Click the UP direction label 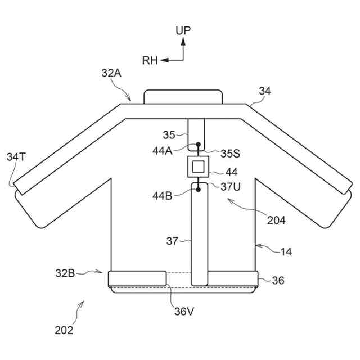tap(183, 30)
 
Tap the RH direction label tap(150, 60)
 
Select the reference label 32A tap(111, 73)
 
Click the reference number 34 tap(265, 91)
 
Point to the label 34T tap(16, 157)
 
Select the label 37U tap(230, 186)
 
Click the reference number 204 tap(276, 220)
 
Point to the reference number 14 tap(286, 251)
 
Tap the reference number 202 tap(64, 330)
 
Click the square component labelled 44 tap(198, 166)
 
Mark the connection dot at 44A tap(198, 145)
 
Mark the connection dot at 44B tap(198, 190)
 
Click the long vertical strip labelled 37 tap(198, 236)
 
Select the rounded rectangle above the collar tap(182, 96)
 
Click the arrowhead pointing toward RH tap(164, 60)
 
